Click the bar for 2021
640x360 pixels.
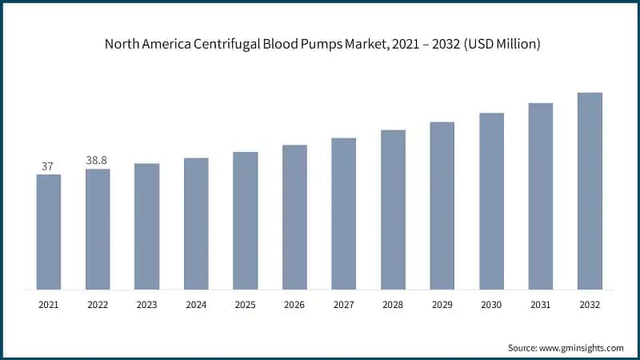coord(49,232)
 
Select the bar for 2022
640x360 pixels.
coord(98,229)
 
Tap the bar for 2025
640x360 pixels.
coord(246,221)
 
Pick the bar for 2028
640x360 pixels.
coord(393,210)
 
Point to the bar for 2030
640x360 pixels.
coord(491,201)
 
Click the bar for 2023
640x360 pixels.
coord(147,226)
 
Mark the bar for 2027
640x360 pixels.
coord(344,214)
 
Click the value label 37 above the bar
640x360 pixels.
coord(48,166)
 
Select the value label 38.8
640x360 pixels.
coord(98,161)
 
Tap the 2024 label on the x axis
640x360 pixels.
coord(196,305)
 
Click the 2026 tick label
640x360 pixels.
coord(294,305)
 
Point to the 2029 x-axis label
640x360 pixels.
coord(442,305)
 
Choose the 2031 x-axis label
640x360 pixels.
coord(540,305)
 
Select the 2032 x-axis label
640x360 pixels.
coord(590,305)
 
